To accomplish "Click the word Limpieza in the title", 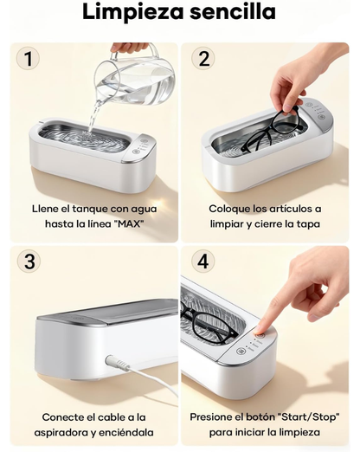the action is (133, 12).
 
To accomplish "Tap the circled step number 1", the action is (28, 58).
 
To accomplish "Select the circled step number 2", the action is (203, 58).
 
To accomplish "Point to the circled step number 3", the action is (29, 261).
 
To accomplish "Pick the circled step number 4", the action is (203, 262).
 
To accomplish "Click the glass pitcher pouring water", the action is (135, 77).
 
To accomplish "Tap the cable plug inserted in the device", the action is (117, 363).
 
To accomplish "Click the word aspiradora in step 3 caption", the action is (64, 433).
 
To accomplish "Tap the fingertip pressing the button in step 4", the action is (260, 330).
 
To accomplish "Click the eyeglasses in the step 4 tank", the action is (209, 321).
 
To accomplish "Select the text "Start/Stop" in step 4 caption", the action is (308, 417).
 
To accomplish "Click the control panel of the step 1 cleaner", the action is (141, 148).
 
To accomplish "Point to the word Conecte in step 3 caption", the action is (61, 417).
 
